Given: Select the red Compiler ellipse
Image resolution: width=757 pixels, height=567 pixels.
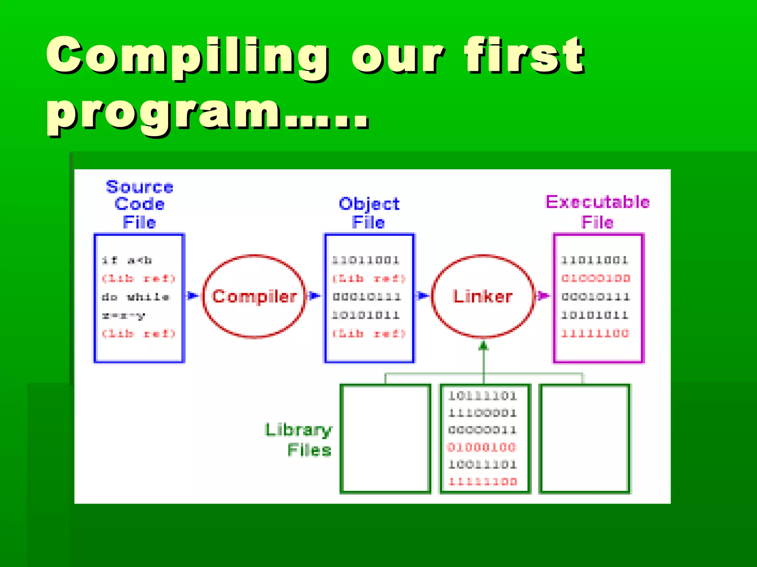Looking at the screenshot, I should (x=254, y=296).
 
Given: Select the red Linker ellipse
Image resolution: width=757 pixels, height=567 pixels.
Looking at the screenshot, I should (x=483, y=296).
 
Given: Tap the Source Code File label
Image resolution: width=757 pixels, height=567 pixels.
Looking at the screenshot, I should (x=139, y=205).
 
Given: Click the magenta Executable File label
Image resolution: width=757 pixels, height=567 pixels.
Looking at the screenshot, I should (x=597, y=212).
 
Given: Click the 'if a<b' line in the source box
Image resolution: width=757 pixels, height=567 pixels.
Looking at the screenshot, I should (x=127, y=260).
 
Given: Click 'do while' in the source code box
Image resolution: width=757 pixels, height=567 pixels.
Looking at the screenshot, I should (x=135, y=297).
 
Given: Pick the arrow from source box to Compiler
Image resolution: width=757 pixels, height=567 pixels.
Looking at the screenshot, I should (x=192, y=296).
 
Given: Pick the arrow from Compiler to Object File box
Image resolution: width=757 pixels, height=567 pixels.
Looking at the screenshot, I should (x=314, y=296).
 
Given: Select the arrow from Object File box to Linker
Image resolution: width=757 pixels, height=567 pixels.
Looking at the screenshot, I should (x=422, y=296).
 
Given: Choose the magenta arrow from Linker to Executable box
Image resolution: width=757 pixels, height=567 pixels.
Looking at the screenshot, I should (x=542, y=296).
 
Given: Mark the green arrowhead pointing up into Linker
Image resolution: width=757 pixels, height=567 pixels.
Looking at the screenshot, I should (x=483, y=346).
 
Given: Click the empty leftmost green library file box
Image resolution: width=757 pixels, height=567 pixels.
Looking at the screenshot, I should (x=385, y=439).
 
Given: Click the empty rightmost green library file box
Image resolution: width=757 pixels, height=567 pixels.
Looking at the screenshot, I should (x=585, y=439).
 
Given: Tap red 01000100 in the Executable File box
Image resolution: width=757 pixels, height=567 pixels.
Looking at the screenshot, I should (x=595, y=278).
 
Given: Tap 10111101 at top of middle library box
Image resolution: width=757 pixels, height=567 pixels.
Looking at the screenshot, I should (x=482, y=396).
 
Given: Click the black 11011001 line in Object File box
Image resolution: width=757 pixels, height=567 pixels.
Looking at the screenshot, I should (x=366, y=260).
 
